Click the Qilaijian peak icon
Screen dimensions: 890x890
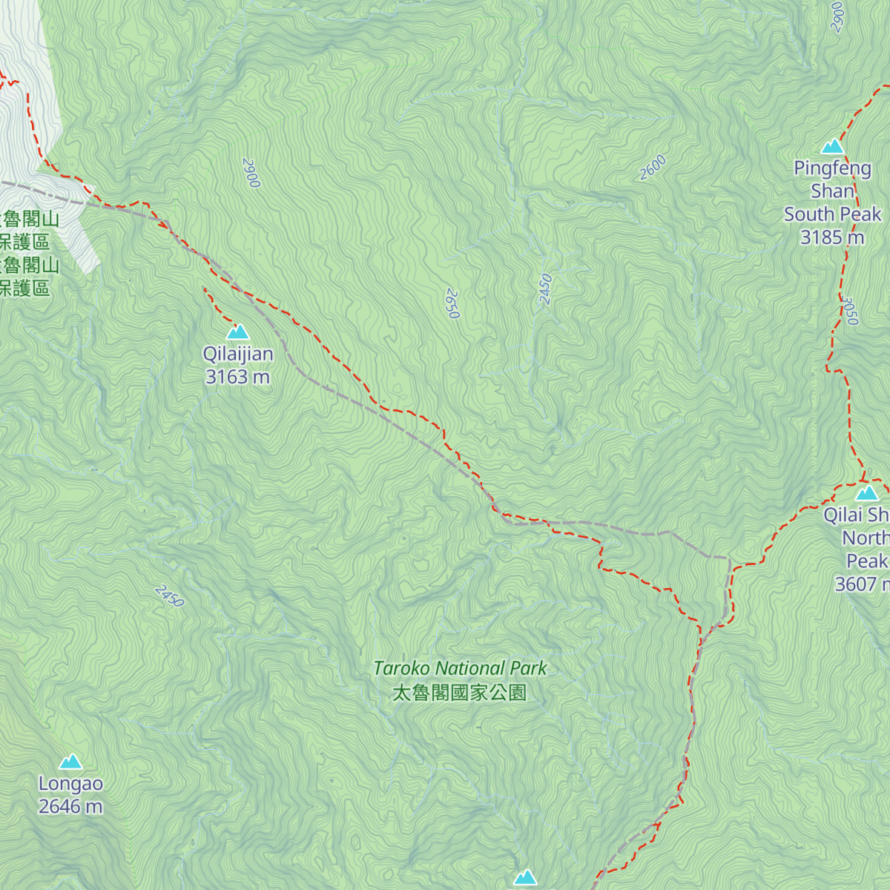pyautogui.click(x=238, y=332)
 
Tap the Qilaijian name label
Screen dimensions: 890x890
pyautogui.click(x=238, y=355)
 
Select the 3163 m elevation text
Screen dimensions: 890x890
pyautogui.click(x=238, y=378)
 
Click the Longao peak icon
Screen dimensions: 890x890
pyautogui.click(x=71, y=762)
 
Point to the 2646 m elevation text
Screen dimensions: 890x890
pyautogui.click(x=71, y=807)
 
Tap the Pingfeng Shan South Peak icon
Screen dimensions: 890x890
pyautogui.click(x=832, y=146)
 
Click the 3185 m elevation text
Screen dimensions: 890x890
pyautogui.click(x=832, y=237)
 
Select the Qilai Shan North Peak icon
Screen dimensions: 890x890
pyautogui.click(x=867, y=493)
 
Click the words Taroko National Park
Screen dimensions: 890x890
pyautogui.click(x=460, y=668)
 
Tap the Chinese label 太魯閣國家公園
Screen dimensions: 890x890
pyautogui.click(x=460, y=693)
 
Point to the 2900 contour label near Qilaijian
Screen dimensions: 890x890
pyautogui.click(x=251, y=172)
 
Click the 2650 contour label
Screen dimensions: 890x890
pyautogui.click(x=452, y=304)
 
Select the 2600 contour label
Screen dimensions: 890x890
pyautogui.click(x=653, y=168)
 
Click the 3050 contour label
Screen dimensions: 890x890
pyautogui.click(x=851, y=311)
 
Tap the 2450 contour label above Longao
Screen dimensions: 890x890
pyautogui.click(x=169, y=596)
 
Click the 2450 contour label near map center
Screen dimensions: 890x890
pyautogui.click(x=546, y=289)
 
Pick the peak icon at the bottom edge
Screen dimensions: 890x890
pyautogui.click(x=525, y=878)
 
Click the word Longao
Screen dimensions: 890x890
pyautogui.click(x=71, y=784)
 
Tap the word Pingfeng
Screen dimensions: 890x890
pyautogui.click(x=832, y=168)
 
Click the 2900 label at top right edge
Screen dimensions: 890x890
pyautogui.click(x=837, y=16)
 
